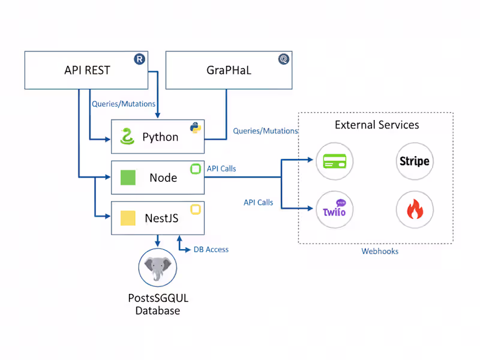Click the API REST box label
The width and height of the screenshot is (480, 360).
coord(87,70)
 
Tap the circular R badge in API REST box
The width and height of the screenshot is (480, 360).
coord(139,59)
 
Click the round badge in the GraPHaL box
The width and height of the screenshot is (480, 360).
coord(283,59)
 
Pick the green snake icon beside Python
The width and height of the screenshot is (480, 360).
coord(126,137)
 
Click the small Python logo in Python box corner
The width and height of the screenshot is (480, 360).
coord(195,127)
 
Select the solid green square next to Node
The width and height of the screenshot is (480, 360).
coord(128,178)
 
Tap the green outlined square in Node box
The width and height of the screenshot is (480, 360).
coord(195,169)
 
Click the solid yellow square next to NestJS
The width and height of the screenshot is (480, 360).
coord(128,218)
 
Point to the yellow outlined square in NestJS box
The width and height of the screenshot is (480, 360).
coord(195,209)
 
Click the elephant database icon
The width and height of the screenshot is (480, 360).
coord(158,268)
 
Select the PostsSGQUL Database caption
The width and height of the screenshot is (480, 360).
coord(158,304)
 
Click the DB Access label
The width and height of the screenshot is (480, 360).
coord(211,250)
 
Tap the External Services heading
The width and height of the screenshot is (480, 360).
coord(377,125)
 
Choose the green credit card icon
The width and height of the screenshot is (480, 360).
coord(335,161)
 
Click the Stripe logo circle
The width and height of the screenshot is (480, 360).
coord(415,161)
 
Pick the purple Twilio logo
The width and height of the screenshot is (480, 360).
coord(335,211)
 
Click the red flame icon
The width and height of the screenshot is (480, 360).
coord(415,211)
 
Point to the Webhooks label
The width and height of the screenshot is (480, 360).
coord(379,251)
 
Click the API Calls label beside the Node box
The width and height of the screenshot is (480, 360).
coord(221,169)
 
